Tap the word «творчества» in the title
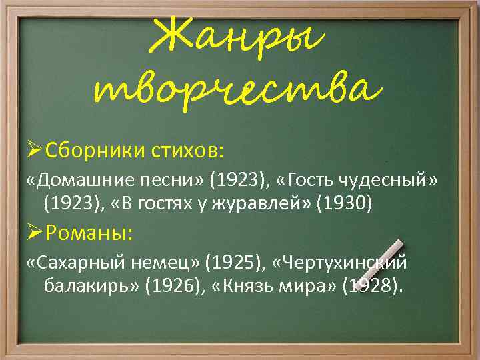pos(240,89)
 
